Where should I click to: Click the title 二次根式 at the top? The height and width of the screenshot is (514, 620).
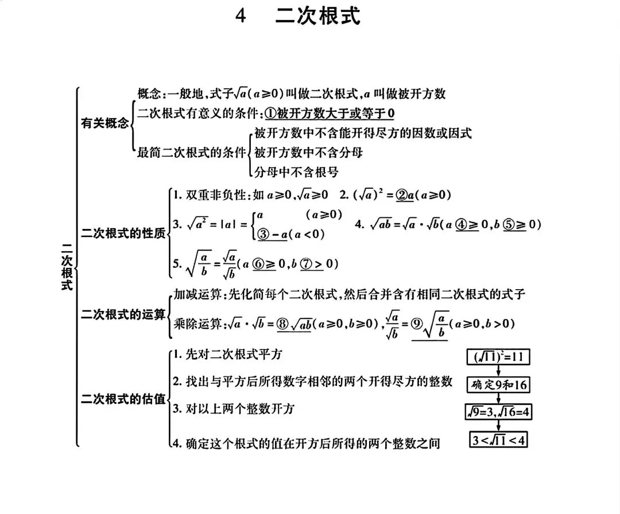coord(318,17)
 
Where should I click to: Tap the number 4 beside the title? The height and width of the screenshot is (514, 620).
coord(241,17)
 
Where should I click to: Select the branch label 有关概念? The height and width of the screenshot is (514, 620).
coord(104,123)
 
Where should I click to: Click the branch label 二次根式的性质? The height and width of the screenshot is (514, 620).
coord(123,233)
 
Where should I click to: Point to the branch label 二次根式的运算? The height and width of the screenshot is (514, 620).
coord(123,314)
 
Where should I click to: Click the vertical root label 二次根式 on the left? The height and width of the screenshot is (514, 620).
coord(67,266)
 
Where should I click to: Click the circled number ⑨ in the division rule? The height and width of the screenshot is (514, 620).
coord(417,324)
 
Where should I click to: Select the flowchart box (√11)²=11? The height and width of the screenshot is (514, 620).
coord(498,357)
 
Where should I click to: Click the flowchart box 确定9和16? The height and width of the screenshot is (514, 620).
coord(498,384)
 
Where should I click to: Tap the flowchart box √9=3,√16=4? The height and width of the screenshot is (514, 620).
coord(498,412)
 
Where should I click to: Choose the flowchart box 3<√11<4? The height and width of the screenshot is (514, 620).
coord(498,440)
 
